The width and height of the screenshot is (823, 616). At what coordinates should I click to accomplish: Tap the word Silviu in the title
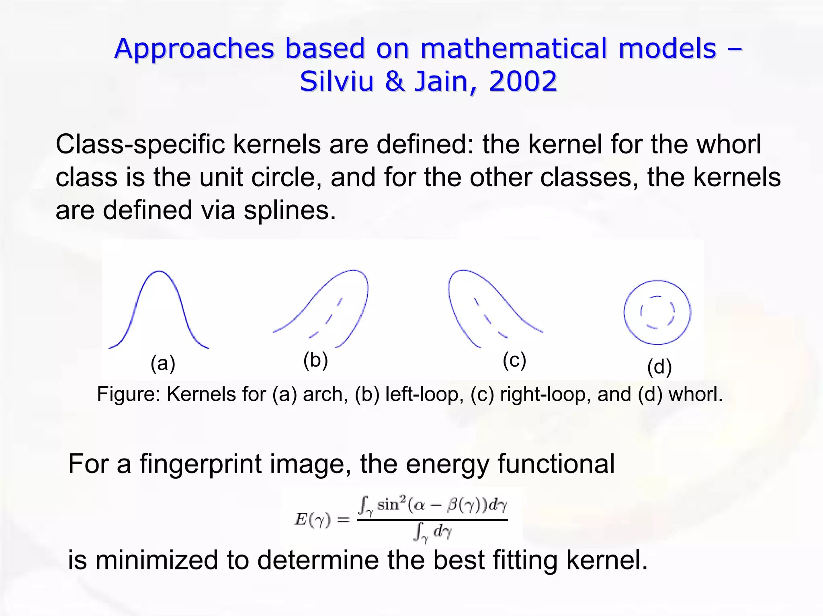point(336,81)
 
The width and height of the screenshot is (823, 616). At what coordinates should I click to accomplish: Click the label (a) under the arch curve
point(163,363)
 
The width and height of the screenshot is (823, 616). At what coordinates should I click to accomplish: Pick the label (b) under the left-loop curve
point(315,360)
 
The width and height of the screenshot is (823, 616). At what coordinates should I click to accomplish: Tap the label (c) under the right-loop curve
point(514,360)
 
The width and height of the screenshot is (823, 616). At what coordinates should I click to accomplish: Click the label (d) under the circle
point(659,367)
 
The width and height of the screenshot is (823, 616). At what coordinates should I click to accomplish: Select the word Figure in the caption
point(128,394)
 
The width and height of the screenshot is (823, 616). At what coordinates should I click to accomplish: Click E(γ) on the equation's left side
point(313,520)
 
